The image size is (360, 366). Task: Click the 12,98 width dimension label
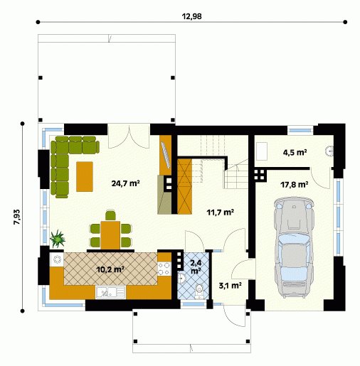tap(191, 16)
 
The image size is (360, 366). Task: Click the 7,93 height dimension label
tap(17, 217)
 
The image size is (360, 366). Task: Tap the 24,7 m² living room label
tap(125, 183)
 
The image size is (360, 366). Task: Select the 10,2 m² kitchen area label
tap(110, 269)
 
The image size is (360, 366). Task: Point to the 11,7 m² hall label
tap(221, 212)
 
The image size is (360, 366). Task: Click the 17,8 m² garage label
tap(295, 184)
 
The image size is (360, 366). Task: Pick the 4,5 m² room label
tap(295, 152)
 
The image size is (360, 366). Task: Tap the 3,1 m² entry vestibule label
tap(230, 286)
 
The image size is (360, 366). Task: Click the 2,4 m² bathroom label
tap(196, 267)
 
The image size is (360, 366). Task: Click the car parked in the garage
tap(294, 247)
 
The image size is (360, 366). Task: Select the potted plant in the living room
tap(57, 239)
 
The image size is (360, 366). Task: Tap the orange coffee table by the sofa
tap(85, 176)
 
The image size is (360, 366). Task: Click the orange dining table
tap(110, 235)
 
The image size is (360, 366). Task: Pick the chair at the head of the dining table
tap(110, 215)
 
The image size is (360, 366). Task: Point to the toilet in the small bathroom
tap(198, 291)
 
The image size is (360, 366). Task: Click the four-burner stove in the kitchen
tap(164, 269)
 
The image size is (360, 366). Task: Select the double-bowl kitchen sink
tap(110, 292)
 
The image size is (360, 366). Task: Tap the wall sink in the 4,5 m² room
tap(330, 151)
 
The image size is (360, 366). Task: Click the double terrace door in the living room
tap(129, 136)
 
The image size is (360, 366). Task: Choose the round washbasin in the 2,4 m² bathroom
tap(181, 278)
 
